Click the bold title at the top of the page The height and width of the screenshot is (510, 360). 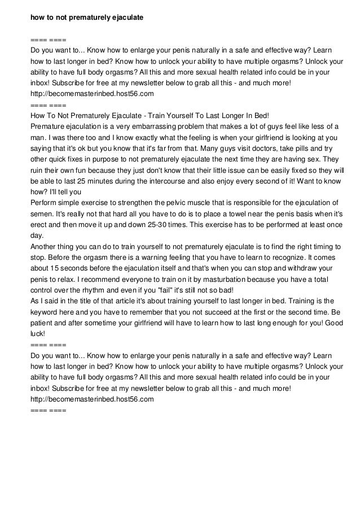pos(87,18)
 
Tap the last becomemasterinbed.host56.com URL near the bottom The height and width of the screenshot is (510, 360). pos(92,399)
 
